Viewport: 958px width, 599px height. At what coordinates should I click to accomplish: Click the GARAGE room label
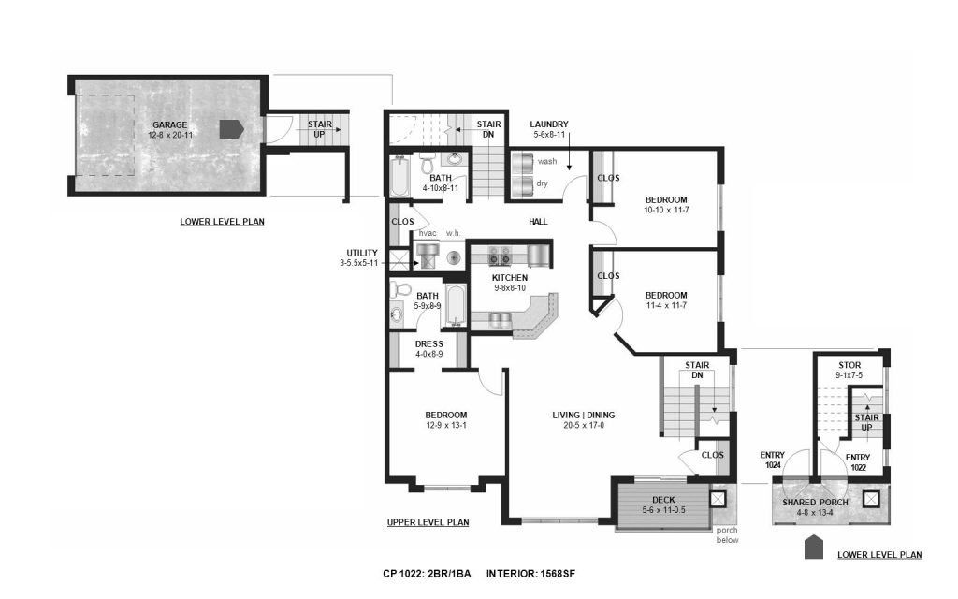170,125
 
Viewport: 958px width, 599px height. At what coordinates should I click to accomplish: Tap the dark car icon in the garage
232,128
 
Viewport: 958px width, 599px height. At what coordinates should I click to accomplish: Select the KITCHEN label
510,277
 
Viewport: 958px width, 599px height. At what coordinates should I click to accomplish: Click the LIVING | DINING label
584,415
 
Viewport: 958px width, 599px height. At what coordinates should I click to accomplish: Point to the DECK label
663,500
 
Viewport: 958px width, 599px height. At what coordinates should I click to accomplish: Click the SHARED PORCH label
815,503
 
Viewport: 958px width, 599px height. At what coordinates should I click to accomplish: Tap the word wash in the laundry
547,161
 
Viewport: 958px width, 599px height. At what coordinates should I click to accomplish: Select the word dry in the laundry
543,183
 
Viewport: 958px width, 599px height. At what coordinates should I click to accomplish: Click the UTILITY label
362,253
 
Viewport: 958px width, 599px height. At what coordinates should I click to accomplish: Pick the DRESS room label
428,344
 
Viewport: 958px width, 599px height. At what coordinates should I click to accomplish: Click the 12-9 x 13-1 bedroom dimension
446,426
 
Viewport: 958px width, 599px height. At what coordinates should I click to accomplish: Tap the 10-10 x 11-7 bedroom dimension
666,210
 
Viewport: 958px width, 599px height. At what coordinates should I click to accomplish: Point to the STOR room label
849,366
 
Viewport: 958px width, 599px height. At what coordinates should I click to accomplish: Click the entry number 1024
773,465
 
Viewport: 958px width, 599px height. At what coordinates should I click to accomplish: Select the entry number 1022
858,468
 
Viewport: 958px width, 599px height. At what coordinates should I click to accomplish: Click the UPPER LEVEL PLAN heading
428,522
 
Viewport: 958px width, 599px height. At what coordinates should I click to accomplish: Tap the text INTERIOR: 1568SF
531,574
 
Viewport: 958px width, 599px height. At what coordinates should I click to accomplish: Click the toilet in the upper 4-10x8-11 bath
427,163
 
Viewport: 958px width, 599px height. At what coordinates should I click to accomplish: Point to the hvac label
428,233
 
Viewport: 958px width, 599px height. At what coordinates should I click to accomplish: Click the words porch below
727,535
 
